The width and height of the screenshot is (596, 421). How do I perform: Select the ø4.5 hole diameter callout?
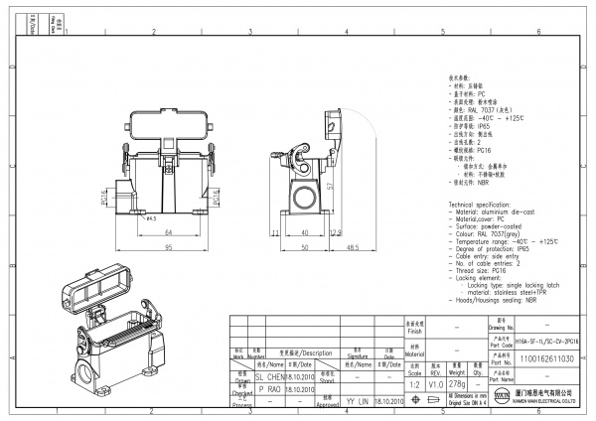tap(152, 219)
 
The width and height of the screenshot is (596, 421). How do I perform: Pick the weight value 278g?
tap(458, 383)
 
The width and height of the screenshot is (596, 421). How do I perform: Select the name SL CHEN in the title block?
tap(271, 378)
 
